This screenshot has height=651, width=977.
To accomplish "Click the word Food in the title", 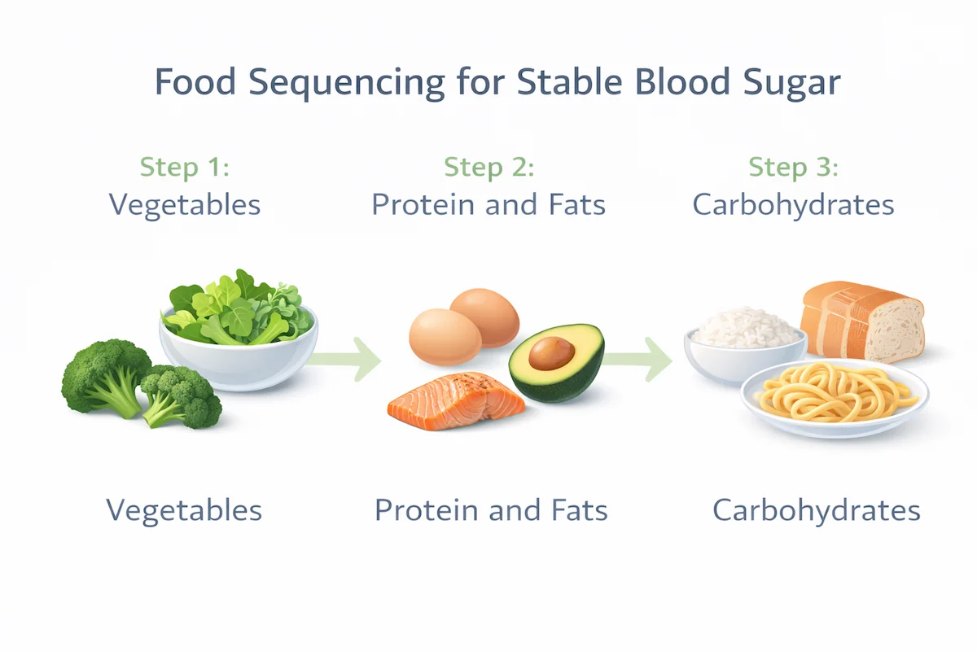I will [x=189, y=84].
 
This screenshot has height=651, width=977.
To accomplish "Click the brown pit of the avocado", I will [x=552, y=353].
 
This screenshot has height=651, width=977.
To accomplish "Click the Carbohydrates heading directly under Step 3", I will [x=793, y=204].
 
